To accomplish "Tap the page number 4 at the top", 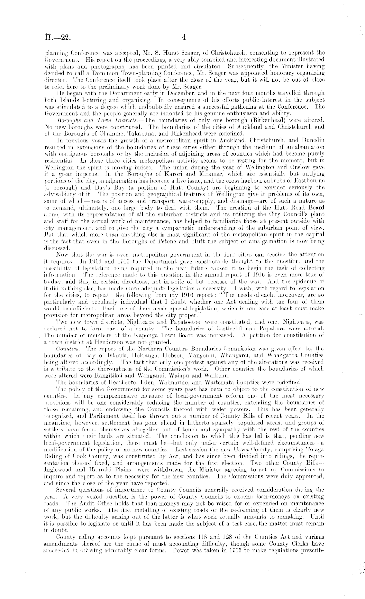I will (184, 37).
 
